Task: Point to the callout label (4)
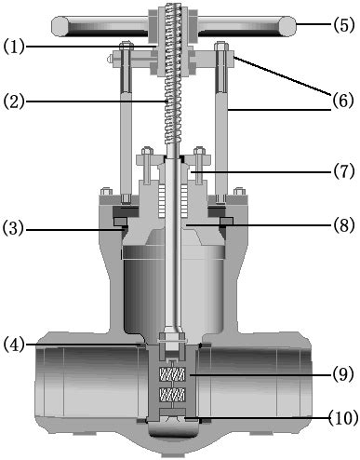coord(14,345)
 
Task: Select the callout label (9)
coord(341,376)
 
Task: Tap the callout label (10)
coord(338,418)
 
